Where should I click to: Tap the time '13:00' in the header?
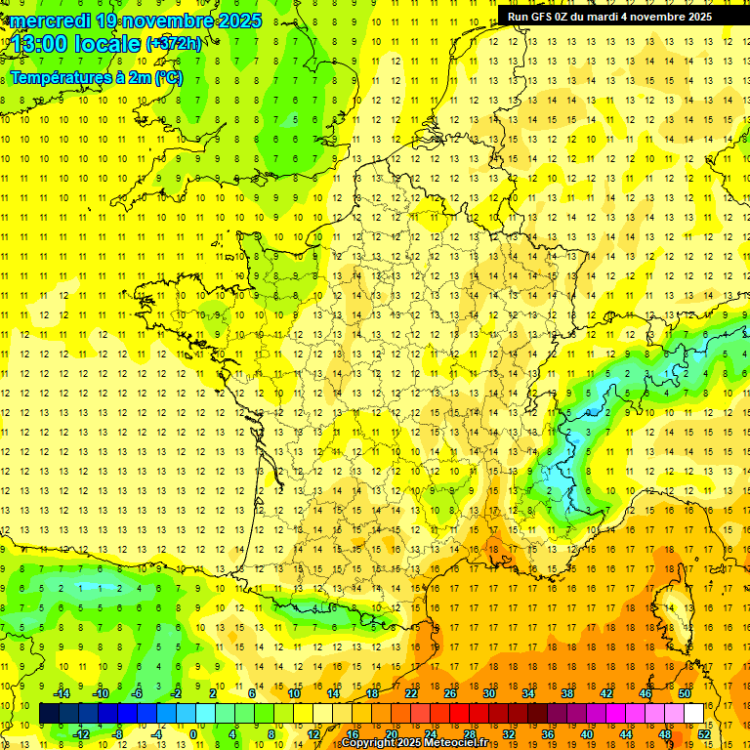(x=40, y=43)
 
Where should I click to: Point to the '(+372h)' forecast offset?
(x=174, y=43)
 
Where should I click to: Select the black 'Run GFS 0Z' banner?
(x=609, y=17)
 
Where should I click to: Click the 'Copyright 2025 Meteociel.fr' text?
(x=414, y=743)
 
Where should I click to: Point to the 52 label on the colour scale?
(x=704, y=734)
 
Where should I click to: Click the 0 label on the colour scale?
(x=193, y=734)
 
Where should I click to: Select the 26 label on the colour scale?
(x=450, y=693)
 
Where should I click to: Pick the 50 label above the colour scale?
(x=685, y=693)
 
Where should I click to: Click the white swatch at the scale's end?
(x=694, y=714)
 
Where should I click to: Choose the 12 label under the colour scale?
(x=313, y=734)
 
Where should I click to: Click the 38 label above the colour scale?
(x=567, y=693)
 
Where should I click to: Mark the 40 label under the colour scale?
(x=587, y=734)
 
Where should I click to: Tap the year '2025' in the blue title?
(x=233, y=21)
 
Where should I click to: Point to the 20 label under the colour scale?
(x=392, y=734)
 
